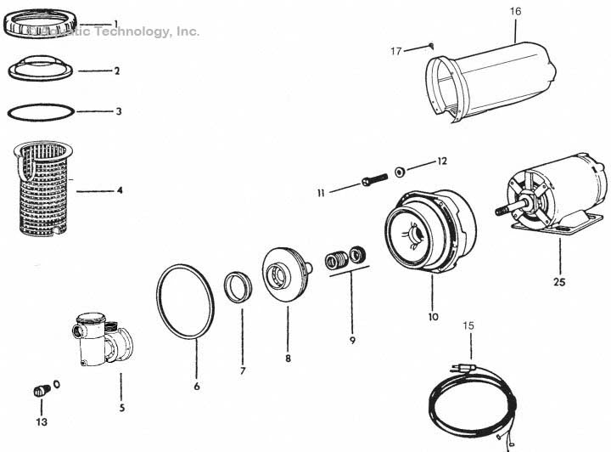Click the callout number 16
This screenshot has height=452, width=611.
tap(516, 11)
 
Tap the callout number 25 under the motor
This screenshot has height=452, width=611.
tap(559, 281)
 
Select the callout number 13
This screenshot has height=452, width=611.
tap(41, 421)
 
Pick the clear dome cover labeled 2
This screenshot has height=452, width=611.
tap(42, 70)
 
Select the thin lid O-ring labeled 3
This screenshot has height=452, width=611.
tap(40, 111)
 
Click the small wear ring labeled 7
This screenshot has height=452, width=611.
tap(238, 285)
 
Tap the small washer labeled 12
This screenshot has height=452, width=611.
tap(399, 172)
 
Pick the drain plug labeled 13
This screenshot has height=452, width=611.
tap(39, 392)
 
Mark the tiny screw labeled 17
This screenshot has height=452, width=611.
tap(432, 46)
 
